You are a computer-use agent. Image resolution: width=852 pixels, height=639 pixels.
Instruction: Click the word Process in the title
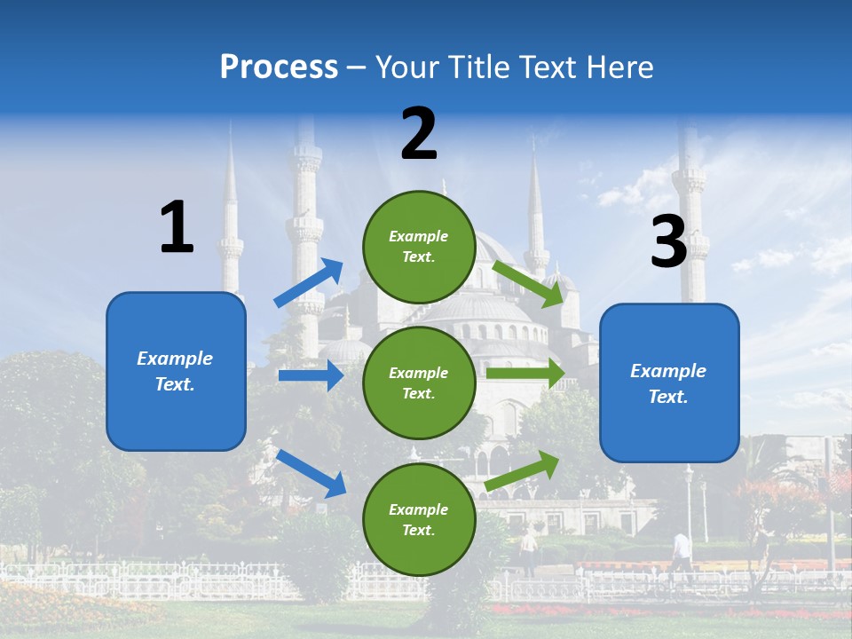point(279,67)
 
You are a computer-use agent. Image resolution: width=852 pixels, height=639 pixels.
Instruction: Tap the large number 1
point(177,227)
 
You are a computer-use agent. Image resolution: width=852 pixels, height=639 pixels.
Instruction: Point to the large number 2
point(419,134)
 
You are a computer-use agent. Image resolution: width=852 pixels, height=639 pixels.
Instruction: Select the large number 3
point(669,242)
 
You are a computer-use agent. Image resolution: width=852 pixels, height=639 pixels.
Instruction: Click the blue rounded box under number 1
point(176,371)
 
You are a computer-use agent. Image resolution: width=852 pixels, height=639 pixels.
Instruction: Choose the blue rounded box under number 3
point(669,383)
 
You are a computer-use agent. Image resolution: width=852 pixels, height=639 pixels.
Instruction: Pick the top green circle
point(419,247)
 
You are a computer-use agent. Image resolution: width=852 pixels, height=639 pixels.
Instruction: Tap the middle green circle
point(419,383)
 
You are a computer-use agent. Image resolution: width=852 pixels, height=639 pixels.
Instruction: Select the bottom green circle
point(419,519)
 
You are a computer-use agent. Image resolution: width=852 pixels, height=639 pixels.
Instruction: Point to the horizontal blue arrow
point(311,375)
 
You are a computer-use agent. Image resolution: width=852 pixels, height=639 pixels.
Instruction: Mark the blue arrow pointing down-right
point(312,473)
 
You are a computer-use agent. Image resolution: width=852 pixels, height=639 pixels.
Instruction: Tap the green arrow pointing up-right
point(523,470)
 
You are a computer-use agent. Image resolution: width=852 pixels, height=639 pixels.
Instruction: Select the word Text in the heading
point(547,67)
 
